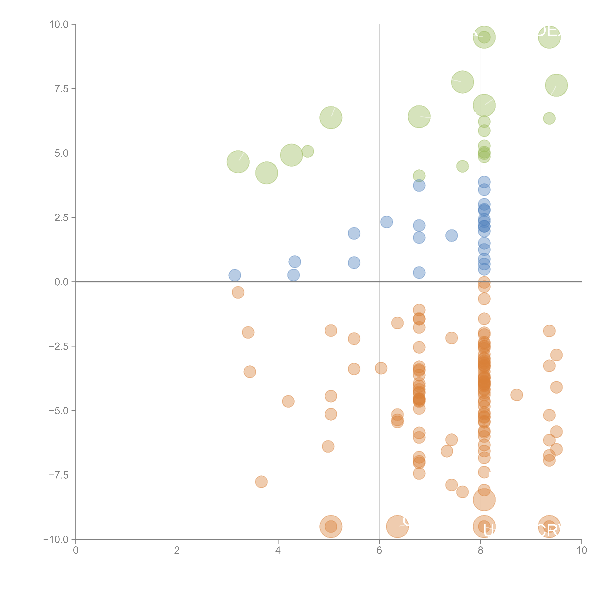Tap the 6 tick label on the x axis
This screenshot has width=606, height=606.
379,550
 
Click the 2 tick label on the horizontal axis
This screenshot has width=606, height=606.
177,550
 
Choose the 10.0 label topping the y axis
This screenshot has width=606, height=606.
59,24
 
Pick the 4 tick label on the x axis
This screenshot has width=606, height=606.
278,550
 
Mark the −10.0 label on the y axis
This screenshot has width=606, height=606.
56,539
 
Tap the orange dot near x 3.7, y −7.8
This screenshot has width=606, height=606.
261,482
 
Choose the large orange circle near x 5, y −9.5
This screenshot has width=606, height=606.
331,526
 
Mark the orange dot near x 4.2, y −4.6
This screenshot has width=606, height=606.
288,401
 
